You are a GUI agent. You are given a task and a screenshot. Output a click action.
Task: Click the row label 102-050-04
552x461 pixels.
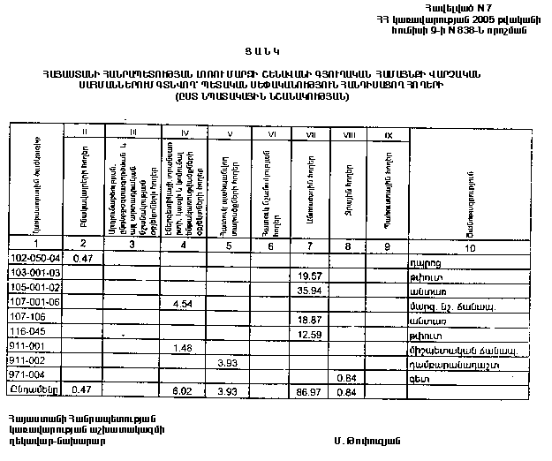pyautogui.click(x=36, y=258)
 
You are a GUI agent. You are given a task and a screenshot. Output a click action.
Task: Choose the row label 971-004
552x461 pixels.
pyautogui.click(x=31, y=375)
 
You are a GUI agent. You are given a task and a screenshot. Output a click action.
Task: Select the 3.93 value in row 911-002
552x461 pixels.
pyautogui.click(x=228, y=362)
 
